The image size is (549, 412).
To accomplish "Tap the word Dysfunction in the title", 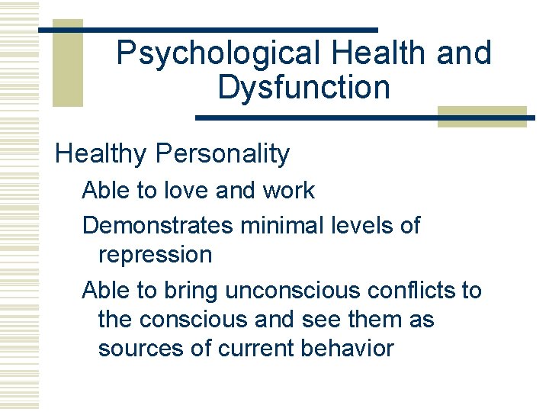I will (303, 87).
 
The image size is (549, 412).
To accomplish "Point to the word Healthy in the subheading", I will (101, 155).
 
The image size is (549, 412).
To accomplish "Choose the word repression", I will (156, 255).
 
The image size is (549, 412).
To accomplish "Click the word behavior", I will (349, 349).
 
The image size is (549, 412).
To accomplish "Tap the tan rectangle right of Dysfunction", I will (482, 117).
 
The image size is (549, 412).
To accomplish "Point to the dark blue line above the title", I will (208, 30).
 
